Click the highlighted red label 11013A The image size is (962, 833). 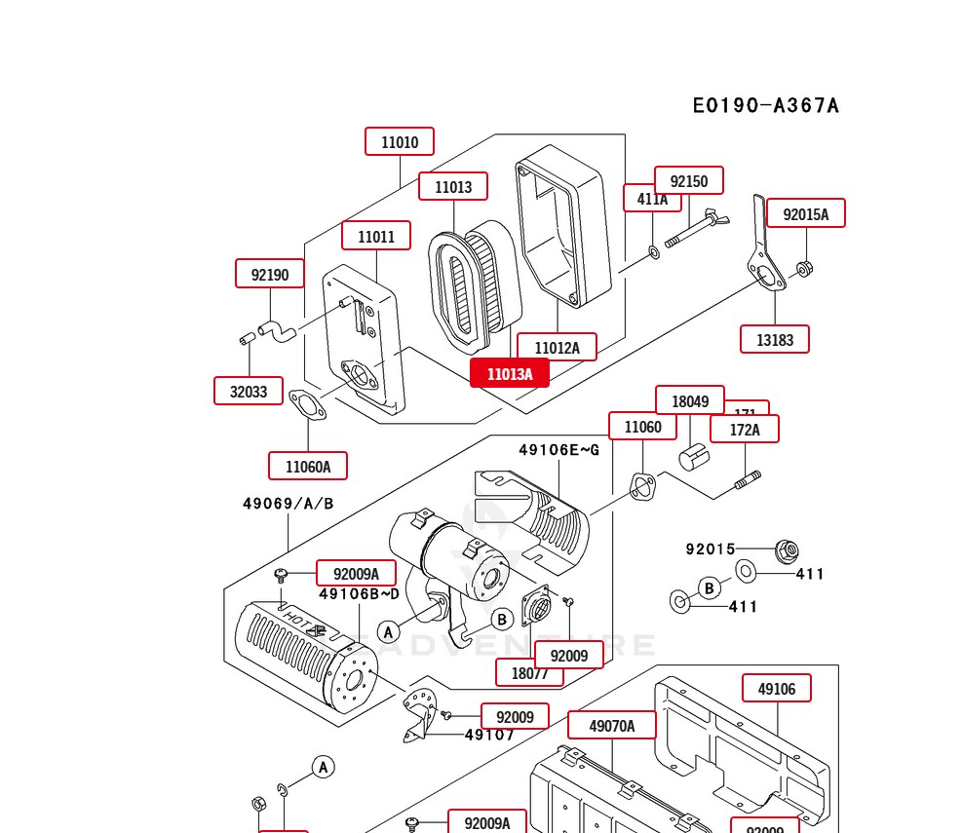tap(509, 373)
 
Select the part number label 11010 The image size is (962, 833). tap(400, 142)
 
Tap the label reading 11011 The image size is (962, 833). tap(376, 237)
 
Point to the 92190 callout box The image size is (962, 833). tap(270, 275)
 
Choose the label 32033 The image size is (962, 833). tap(249, 392)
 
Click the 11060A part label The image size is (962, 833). tap(308, 467)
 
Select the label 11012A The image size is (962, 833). tap(557, 348)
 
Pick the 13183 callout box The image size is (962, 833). tap(775, 339)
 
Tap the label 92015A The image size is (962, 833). tap(805, 214)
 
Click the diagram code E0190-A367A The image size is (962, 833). tap(765, 105)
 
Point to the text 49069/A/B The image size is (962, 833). tap(288, 504)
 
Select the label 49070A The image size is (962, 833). tap(612, 726)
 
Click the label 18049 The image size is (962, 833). tap(690, 400)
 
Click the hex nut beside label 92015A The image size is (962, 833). tap(804, 268)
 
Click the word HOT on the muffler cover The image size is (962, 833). tap(291, 617)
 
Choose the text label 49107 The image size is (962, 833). tap(489, 735)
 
